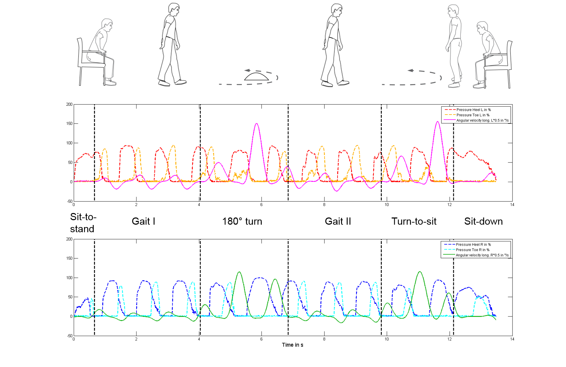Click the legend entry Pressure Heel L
(473, 110)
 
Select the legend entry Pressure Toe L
(473, 115)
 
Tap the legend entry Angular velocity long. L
(482, 120)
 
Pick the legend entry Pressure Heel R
(473, 245)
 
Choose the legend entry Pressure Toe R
(472, 250)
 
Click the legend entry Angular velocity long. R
(482, 255)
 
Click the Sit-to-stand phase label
(83, 223)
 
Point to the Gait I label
(143, 221)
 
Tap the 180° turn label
(242, 221)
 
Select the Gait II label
(338, 221)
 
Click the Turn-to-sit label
(414, 221)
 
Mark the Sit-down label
(483, 221)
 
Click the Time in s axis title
(292, 345)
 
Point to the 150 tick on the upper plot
(69, 123)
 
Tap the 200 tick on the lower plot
(69, 239)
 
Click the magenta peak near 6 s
(257, 123)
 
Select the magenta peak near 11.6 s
(437, 121)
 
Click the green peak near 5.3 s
(239, 272)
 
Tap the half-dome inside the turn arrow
(256, 76)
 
